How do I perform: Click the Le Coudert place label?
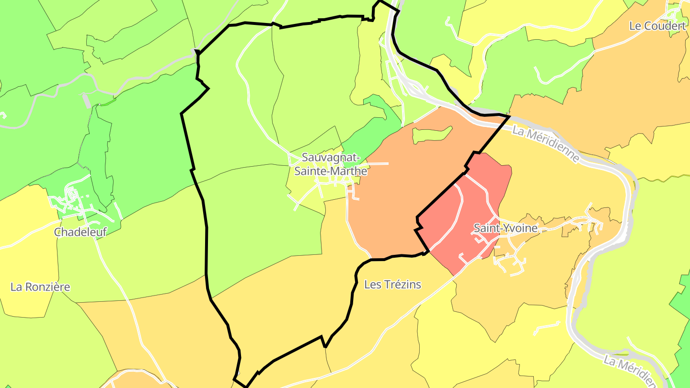click(x=657, y=26)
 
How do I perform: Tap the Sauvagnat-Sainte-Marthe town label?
click(x=331, y=164)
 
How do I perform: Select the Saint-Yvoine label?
click(x=506, y=228)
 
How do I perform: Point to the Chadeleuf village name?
click(x=80, y=232)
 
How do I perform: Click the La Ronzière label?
click(x=40, y=287)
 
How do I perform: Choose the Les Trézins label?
click(x=392, y=285)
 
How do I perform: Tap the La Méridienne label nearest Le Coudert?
click(x=546, y=144)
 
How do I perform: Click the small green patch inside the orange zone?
click(x=431, y=135)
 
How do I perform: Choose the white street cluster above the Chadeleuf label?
click(x=72, y=199)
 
